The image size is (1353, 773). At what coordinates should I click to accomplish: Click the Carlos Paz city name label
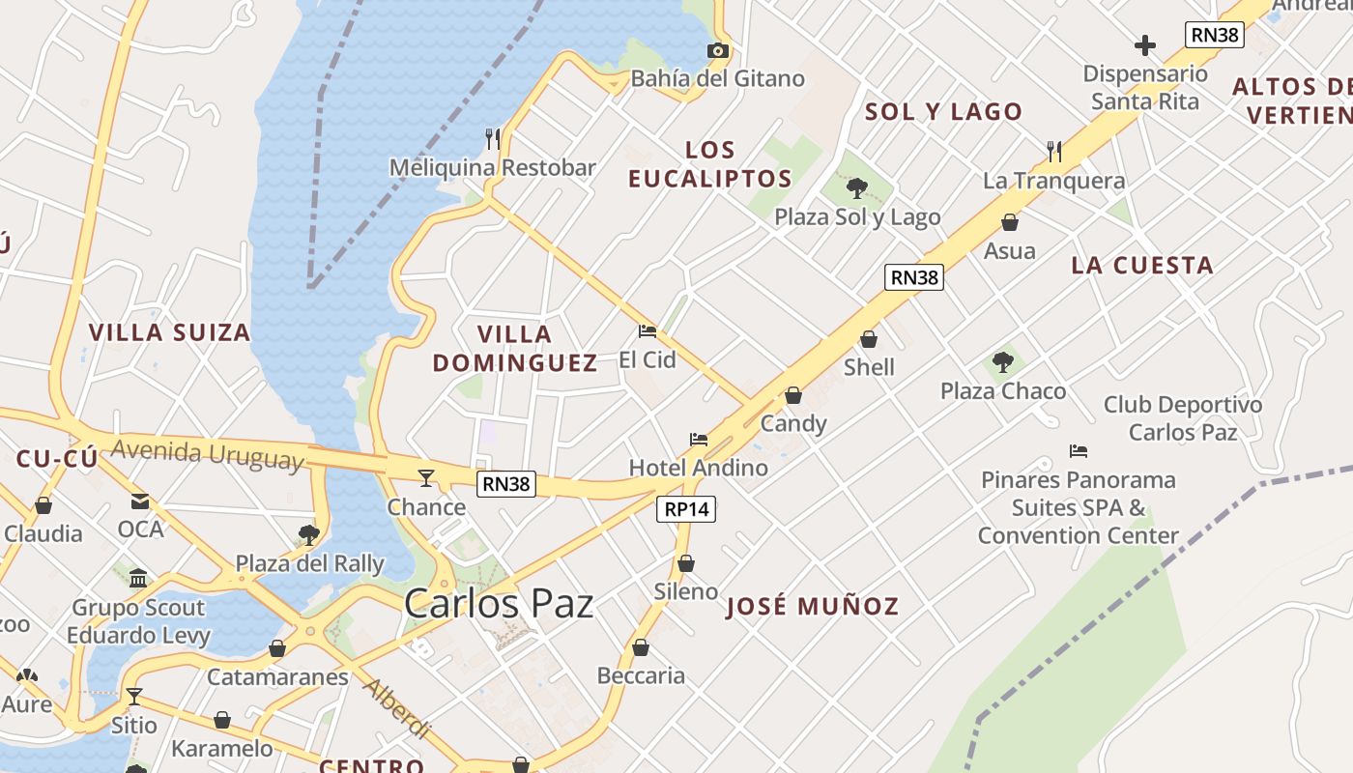tap(499, 604)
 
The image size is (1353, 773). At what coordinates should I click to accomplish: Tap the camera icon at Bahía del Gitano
tap(718, 50)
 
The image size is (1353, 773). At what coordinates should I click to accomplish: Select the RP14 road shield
tap(686, 509)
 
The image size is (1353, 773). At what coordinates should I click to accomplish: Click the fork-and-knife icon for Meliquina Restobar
tap(493, 138)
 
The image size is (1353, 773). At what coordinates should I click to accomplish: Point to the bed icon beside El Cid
tap(648, 331)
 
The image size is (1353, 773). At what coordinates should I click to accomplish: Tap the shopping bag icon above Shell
tap(869, 339)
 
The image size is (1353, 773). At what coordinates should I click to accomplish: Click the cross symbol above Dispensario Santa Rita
tap(1145, 45)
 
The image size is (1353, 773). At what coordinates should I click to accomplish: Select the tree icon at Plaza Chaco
tap(1003, 362)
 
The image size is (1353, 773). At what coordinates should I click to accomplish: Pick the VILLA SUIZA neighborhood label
tap(170, 332)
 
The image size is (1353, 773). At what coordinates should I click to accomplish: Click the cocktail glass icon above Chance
tap(425, 477)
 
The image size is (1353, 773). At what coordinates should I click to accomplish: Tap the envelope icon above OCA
tap(141, 501)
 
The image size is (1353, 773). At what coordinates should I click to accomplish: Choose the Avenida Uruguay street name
tap(207, 453)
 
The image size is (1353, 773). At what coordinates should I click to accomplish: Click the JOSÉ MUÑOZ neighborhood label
tap(813, 607)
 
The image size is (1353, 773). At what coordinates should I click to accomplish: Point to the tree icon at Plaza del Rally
tap(309, 534)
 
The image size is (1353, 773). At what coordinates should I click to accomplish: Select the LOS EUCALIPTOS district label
tap(710, 164)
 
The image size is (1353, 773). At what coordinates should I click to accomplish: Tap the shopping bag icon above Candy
tap(793, 395)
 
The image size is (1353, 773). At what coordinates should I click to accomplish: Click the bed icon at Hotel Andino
tap(699, 440)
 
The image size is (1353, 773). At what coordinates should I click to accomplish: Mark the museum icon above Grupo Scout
tap(138, 578)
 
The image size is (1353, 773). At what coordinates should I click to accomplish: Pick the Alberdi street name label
tap(397, 707)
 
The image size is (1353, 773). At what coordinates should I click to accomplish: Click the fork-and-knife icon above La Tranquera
tap(1054, 151)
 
